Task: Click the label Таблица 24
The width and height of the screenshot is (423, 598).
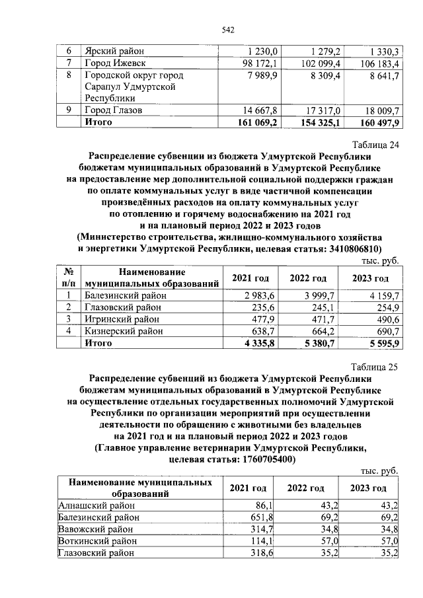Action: point(375,144)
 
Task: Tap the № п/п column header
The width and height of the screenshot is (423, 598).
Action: point(67,278)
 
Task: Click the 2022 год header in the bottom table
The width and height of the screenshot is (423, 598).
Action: point(305,488)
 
